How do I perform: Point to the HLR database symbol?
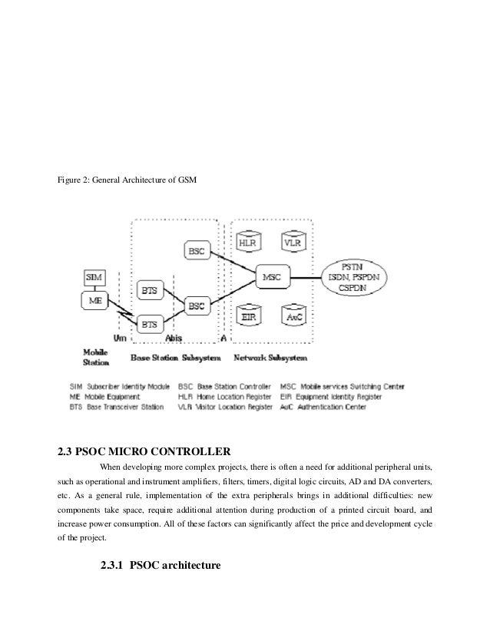[x=248, y=243]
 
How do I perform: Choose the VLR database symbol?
[x=293, y=243]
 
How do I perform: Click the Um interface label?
[x=120, y=337]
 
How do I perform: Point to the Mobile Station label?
[x=96, y=356]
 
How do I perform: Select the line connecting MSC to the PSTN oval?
[x=312, y=276]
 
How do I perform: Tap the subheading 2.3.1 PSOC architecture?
[x=161, y=566]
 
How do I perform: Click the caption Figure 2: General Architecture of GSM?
[x=127, y=180]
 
